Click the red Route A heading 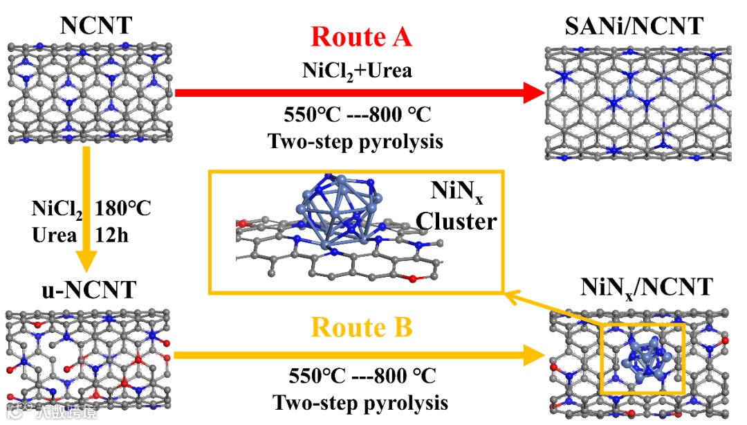(361, 36)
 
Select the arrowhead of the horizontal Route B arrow (532, 355)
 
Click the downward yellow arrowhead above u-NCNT (86, 264)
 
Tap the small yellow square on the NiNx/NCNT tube (643, 357)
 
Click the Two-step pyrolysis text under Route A (355, 141)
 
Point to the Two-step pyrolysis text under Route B (360, 403)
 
